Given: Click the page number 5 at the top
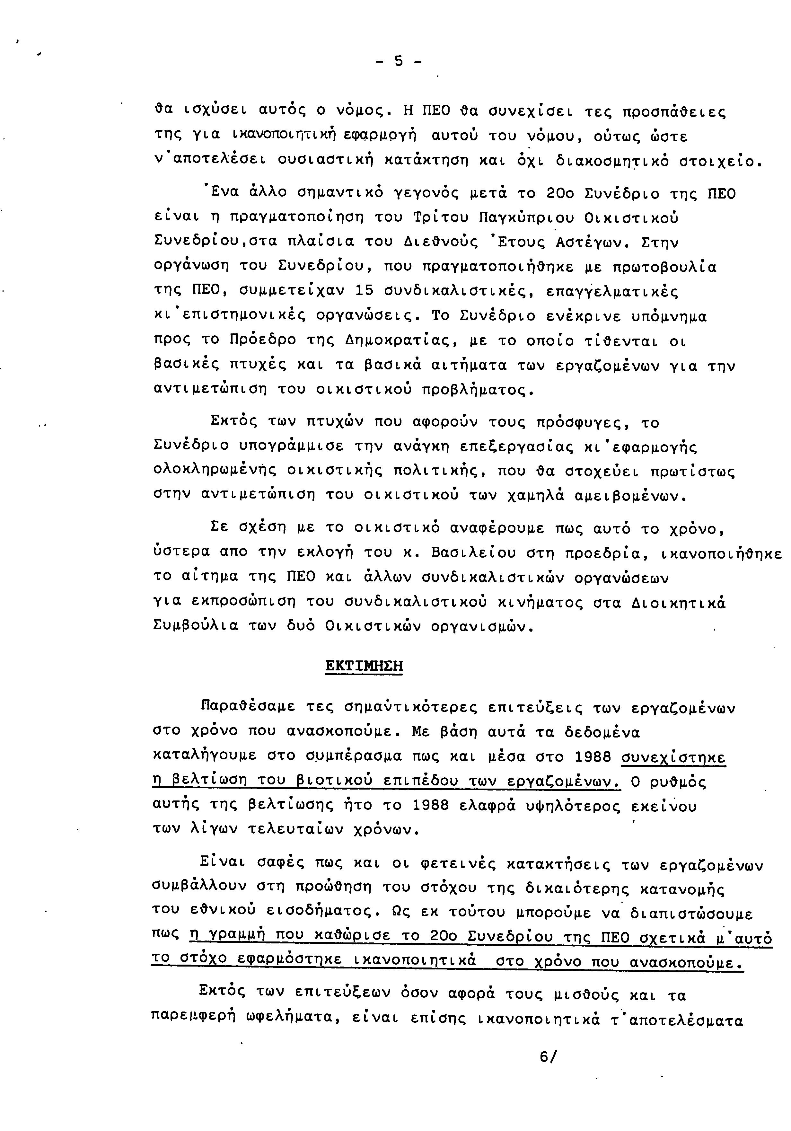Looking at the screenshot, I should click(x=398, y=62).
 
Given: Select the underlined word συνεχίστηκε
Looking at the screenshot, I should click(x=673, y=757).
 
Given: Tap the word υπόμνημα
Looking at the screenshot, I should click(x=668, y=316).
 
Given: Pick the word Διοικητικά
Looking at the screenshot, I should click(x=678, y=603).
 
